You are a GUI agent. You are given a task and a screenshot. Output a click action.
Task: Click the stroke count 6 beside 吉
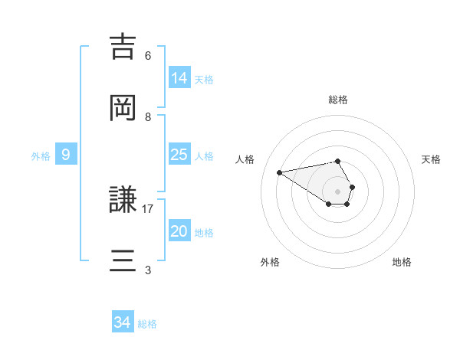click(x=148, y=56)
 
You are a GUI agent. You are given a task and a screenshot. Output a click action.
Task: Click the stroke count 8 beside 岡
click(x=148, y=117)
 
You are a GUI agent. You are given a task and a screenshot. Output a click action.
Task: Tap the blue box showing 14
click(x=179, y=78)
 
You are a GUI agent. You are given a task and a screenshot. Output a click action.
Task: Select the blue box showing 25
click(x=179, y=155)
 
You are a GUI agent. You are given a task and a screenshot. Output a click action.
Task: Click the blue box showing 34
click(x=123, y=323)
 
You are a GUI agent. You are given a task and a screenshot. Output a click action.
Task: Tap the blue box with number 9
click(x=66, y=155)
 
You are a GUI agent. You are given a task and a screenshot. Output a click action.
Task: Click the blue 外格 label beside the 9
click(x=41, y=156)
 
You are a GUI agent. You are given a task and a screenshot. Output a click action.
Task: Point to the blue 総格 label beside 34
click(x=147, y=324)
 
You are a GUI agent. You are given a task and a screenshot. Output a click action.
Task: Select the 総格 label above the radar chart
click(x=338, y=100)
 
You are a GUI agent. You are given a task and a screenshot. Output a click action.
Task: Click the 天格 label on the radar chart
click(x=431, y=159)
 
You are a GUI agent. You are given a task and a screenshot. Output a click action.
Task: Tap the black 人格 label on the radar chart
click(x=245, y=159)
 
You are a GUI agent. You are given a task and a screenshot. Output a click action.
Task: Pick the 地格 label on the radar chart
click(x=402, y=262)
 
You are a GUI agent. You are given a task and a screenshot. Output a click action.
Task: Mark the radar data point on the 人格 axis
click(x=280, y=172)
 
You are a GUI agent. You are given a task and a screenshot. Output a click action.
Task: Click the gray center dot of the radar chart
click(x=338, y=191)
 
